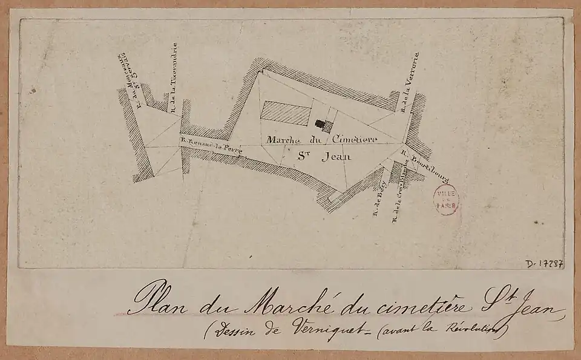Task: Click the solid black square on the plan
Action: point(320,123)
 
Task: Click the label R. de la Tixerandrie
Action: point(174,76)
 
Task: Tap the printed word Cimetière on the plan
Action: point(355,139)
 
